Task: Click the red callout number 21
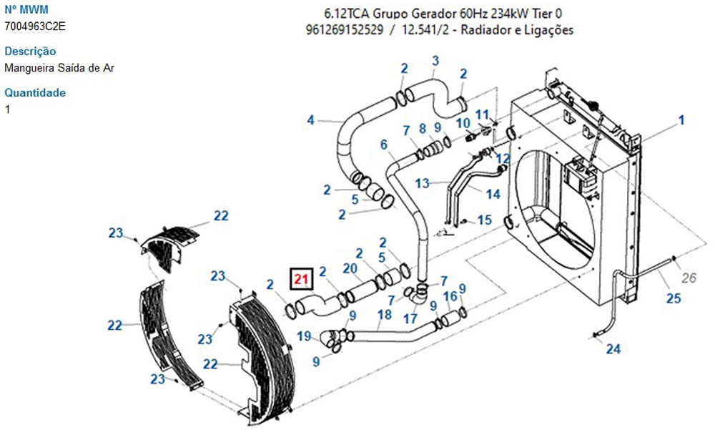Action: click(301, 278)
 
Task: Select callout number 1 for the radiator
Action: click(681, 120)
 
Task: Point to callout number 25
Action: click(674, 298)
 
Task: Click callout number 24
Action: click(613, 349)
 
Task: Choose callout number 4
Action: click(311, 119)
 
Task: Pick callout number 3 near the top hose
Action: click(435, 62)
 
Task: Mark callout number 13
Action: click(423, 183)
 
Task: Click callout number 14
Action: click(493, 194)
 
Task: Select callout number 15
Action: click(485, 220)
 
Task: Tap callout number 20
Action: click(350, 268)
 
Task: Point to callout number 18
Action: click(385, 314)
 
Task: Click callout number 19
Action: click(305, 336)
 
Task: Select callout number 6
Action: click(384, 145)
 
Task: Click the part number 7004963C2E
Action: click(36, 26)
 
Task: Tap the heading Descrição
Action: click(30, 52)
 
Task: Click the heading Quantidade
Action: click(35, 93)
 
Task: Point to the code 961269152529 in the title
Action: click(342, 30)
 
